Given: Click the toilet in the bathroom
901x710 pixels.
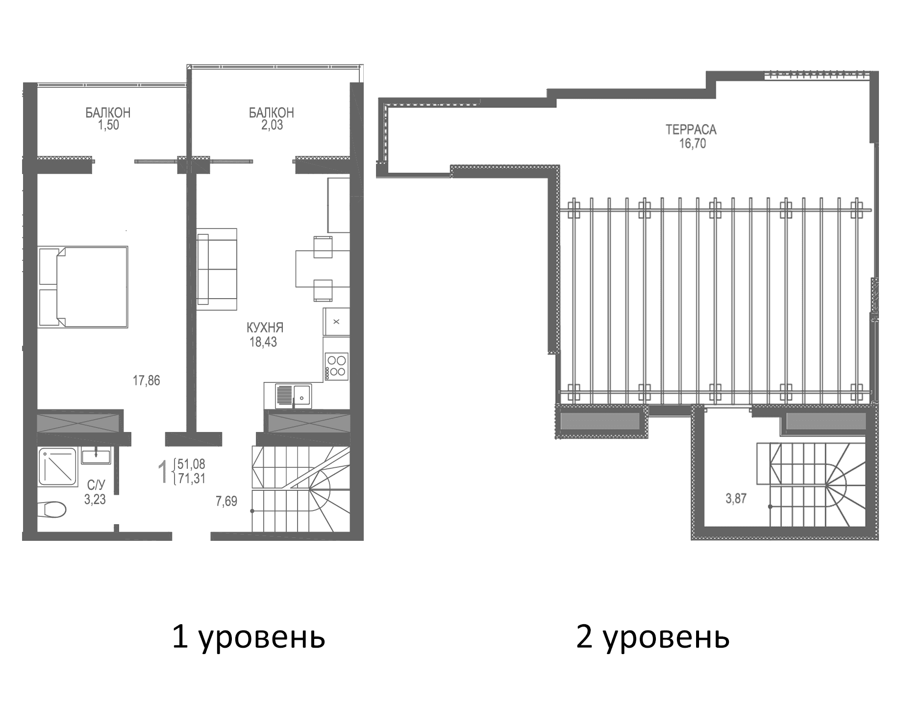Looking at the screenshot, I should [54, 509].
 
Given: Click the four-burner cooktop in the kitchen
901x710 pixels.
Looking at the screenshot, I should [336, 366].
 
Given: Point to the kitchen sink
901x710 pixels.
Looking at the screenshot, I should [294, 396].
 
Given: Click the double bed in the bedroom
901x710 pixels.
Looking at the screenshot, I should [83, 286].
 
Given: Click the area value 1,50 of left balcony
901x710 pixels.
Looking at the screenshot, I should [108, 126].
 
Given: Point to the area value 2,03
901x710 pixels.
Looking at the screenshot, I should [272, 126].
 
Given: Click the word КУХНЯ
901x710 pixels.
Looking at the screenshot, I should [265, 328].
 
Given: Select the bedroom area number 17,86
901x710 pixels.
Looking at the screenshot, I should [146, 380].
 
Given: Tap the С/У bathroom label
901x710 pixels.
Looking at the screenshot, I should [96, 485].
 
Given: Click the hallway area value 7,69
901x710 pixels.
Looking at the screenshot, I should [226, 501].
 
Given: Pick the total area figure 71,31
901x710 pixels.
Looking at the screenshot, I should [192, 479].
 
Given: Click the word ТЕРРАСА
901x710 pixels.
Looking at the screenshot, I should [691, 130].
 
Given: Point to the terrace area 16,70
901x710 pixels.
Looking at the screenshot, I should [692, 144].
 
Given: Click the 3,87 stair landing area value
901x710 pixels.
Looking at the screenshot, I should [736, 499].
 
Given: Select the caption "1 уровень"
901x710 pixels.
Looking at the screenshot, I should [249, 638].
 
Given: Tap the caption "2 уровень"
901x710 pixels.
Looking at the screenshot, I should [652, 638].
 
